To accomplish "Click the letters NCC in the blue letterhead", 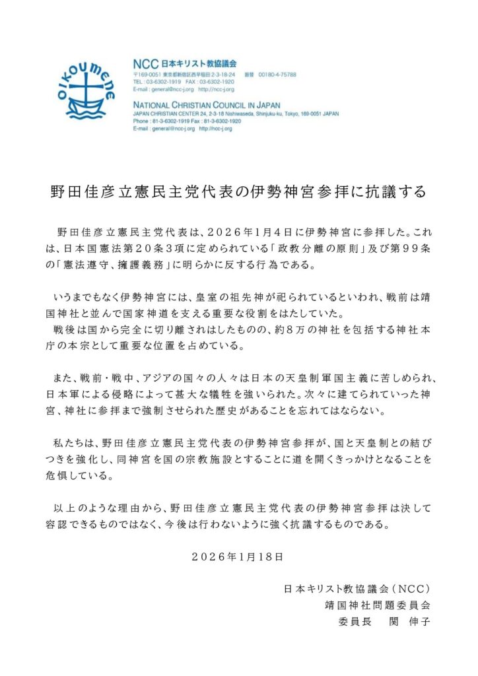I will point(146,63).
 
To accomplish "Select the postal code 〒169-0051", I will point(151,75).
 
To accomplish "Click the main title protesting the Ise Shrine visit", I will point(238,191).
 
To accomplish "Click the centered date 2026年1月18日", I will point(238,557).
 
